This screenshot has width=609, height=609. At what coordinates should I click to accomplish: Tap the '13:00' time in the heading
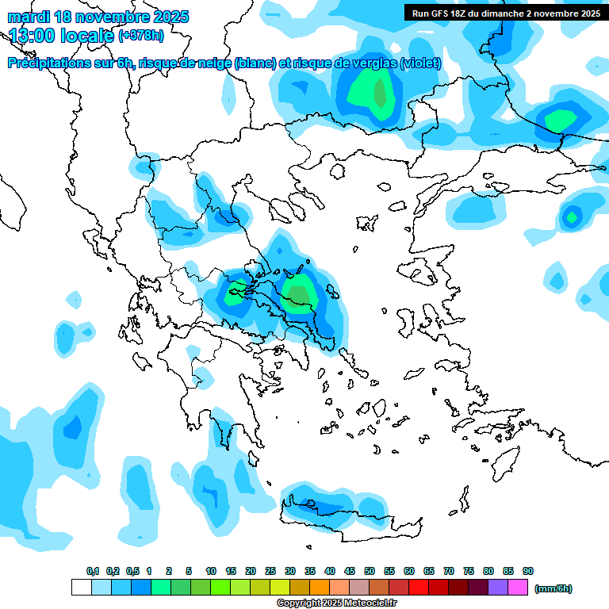click(33, 36)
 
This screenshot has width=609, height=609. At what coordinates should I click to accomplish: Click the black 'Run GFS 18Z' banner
click(505, 13)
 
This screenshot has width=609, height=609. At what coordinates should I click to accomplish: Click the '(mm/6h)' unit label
click(553, 588)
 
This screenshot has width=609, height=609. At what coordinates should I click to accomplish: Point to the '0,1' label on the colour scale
click(93, 572)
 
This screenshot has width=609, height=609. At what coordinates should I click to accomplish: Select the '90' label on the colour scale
click(528, 572)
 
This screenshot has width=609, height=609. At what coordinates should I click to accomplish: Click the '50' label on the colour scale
click(370, 572)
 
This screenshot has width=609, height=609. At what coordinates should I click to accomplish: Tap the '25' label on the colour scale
click(270, 572)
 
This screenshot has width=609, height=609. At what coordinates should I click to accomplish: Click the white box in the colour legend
click(81, 588)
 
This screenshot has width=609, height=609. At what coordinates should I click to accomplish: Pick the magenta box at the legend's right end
click(519, 588)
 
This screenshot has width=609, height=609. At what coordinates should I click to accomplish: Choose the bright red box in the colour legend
click(419, 588)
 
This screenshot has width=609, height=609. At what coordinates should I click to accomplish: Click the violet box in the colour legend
click(498, 588)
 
